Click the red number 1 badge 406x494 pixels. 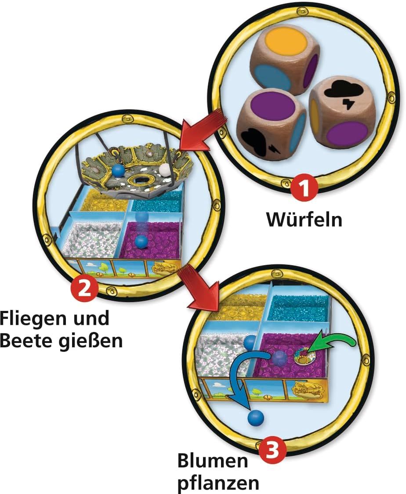click(x=304, y=189)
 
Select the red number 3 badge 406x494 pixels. click(x=273, y=451)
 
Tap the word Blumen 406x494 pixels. click(x=213, y=461)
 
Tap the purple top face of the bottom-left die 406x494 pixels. click(x=273, y=105)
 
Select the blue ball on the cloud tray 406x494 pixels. click(x=118, y=170)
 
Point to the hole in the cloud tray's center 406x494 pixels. click(x=143, y=180)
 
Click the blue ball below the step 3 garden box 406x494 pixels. click(x=256, y=419)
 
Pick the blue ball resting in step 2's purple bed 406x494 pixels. click(x=141, y=242)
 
